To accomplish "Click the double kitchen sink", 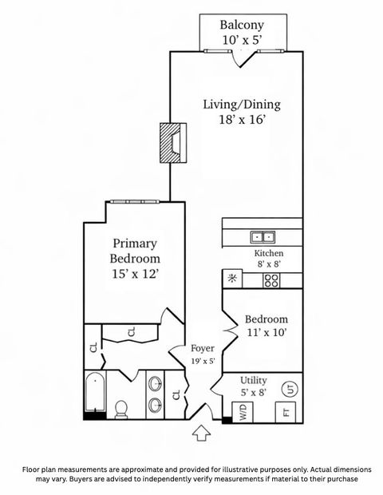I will click(263, 236).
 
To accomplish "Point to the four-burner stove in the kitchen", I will click(271, 279).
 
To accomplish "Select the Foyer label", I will click(202, 349).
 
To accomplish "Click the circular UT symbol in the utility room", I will click(289, 390).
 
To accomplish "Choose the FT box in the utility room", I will click(283, 413).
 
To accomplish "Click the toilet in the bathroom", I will click(122, 409).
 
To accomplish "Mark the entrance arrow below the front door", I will click(202, 434).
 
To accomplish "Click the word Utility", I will click(254, 381).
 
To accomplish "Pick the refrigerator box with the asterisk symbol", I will click(233, 279).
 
